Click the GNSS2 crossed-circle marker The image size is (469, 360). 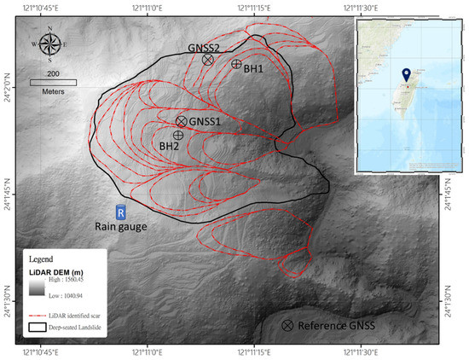208,60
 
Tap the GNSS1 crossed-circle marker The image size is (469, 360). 182,122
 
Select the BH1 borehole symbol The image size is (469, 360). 236,64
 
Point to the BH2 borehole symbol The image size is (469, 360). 178,135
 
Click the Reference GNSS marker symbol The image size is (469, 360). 288,326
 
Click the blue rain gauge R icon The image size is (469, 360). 121,211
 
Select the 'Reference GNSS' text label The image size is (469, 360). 337,326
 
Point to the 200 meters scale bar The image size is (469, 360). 53,82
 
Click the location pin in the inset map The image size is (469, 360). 406,76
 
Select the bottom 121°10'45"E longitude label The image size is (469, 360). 39,351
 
